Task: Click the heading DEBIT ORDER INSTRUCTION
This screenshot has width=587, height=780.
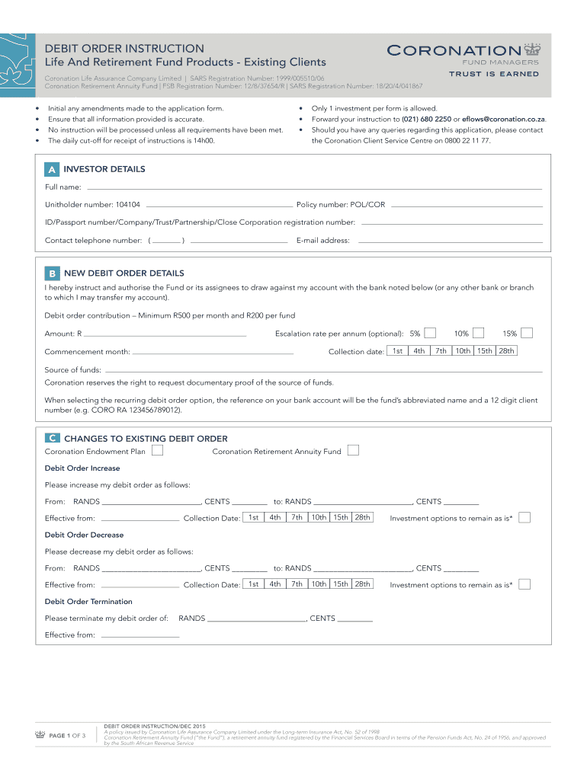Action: point(124,48)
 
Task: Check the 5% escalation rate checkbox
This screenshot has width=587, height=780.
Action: point(431,333)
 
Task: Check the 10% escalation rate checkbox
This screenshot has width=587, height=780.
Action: point(478,333)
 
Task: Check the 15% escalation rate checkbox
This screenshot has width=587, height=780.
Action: point(526,333)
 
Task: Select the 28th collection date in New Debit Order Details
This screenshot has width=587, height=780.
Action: point(507,350)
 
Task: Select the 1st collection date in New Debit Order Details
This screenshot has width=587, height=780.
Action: point(397,350)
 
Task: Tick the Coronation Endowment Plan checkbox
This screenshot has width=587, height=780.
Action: point(156,451)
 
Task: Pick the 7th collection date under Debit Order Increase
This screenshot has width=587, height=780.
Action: point(297,517)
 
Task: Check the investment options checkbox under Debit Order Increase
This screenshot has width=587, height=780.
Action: point(524,518)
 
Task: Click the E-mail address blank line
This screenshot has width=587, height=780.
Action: point(450,241)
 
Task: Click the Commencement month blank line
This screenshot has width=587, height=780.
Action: point(213,353)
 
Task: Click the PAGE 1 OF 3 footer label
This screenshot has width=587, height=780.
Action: point(67,736)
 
